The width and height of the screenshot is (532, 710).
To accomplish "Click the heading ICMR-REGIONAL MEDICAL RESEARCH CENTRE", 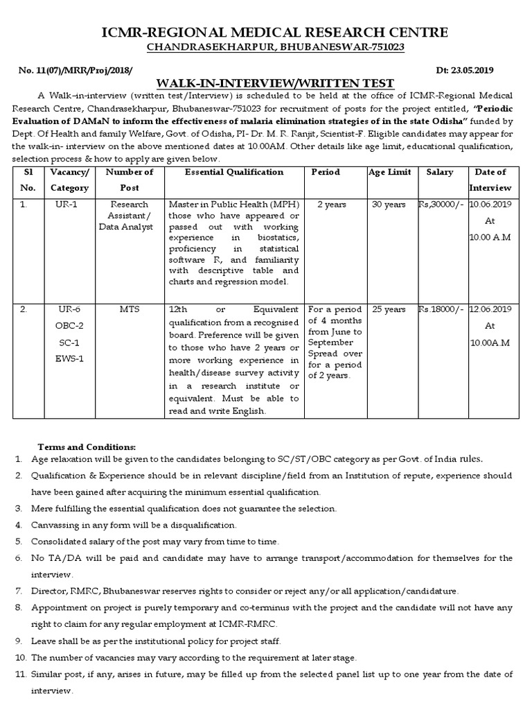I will [x=265, y=32].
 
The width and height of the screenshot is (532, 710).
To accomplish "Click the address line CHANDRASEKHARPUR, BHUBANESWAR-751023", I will [x=265, y=48].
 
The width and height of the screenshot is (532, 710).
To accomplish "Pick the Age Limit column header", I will [x=389, y=172].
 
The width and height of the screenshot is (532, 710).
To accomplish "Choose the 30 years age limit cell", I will [x=389, y=205].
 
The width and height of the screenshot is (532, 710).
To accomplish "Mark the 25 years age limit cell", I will [x=389, y=309].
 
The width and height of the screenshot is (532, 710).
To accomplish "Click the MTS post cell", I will [x=130, y=309].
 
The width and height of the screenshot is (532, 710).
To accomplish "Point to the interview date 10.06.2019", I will [x=490, y=205].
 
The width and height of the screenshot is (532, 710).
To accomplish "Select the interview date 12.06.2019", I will [x=490, y=309].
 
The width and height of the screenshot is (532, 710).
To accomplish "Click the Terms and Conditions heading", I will [x=87, y=446].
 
